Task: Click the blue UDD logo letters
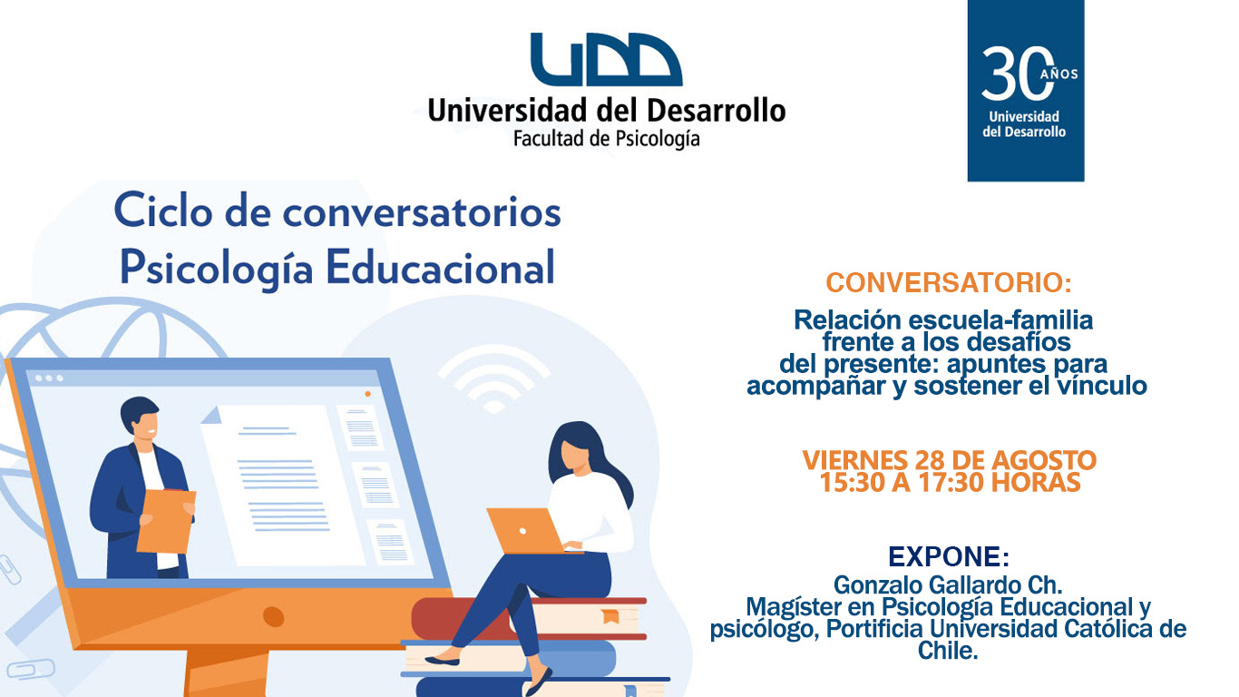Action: [x=606, y=59]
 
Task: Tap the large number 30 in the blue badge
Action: [x=1017, y=74]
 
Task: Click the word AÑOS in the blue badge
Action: [x=1059, y=74]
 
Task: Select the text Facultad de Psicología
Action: [x=606, y=139]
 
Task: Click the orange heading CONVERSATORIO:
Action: [x=949, y=283]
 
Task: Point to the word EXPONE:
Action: [x=949, y=556]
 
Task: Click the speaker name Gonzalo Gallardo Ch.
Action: [x=948, y=584]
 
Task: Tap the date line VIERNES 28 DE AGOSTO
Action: [x=949, y=460]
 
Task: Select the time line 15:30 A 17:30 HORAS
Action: [x=949, y=482]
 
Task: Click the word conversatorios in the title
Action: [x=422, y=213]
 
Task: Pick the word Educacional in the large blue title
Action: [x=440, y=268]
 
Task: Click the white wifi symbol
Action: [x=494, y=378]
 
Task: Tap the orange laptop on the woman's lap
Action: [x=528, y=531]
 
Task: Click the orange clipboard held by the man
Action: [x=166, y=521]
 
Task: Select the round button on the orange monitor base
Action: [x=273, y=616]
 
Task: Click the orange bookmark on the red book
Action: [x=610, y=616]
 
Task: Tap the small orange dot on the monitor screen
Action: [x=368, y=394]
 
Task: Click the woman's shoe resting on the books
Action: [x=442, y=660]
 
